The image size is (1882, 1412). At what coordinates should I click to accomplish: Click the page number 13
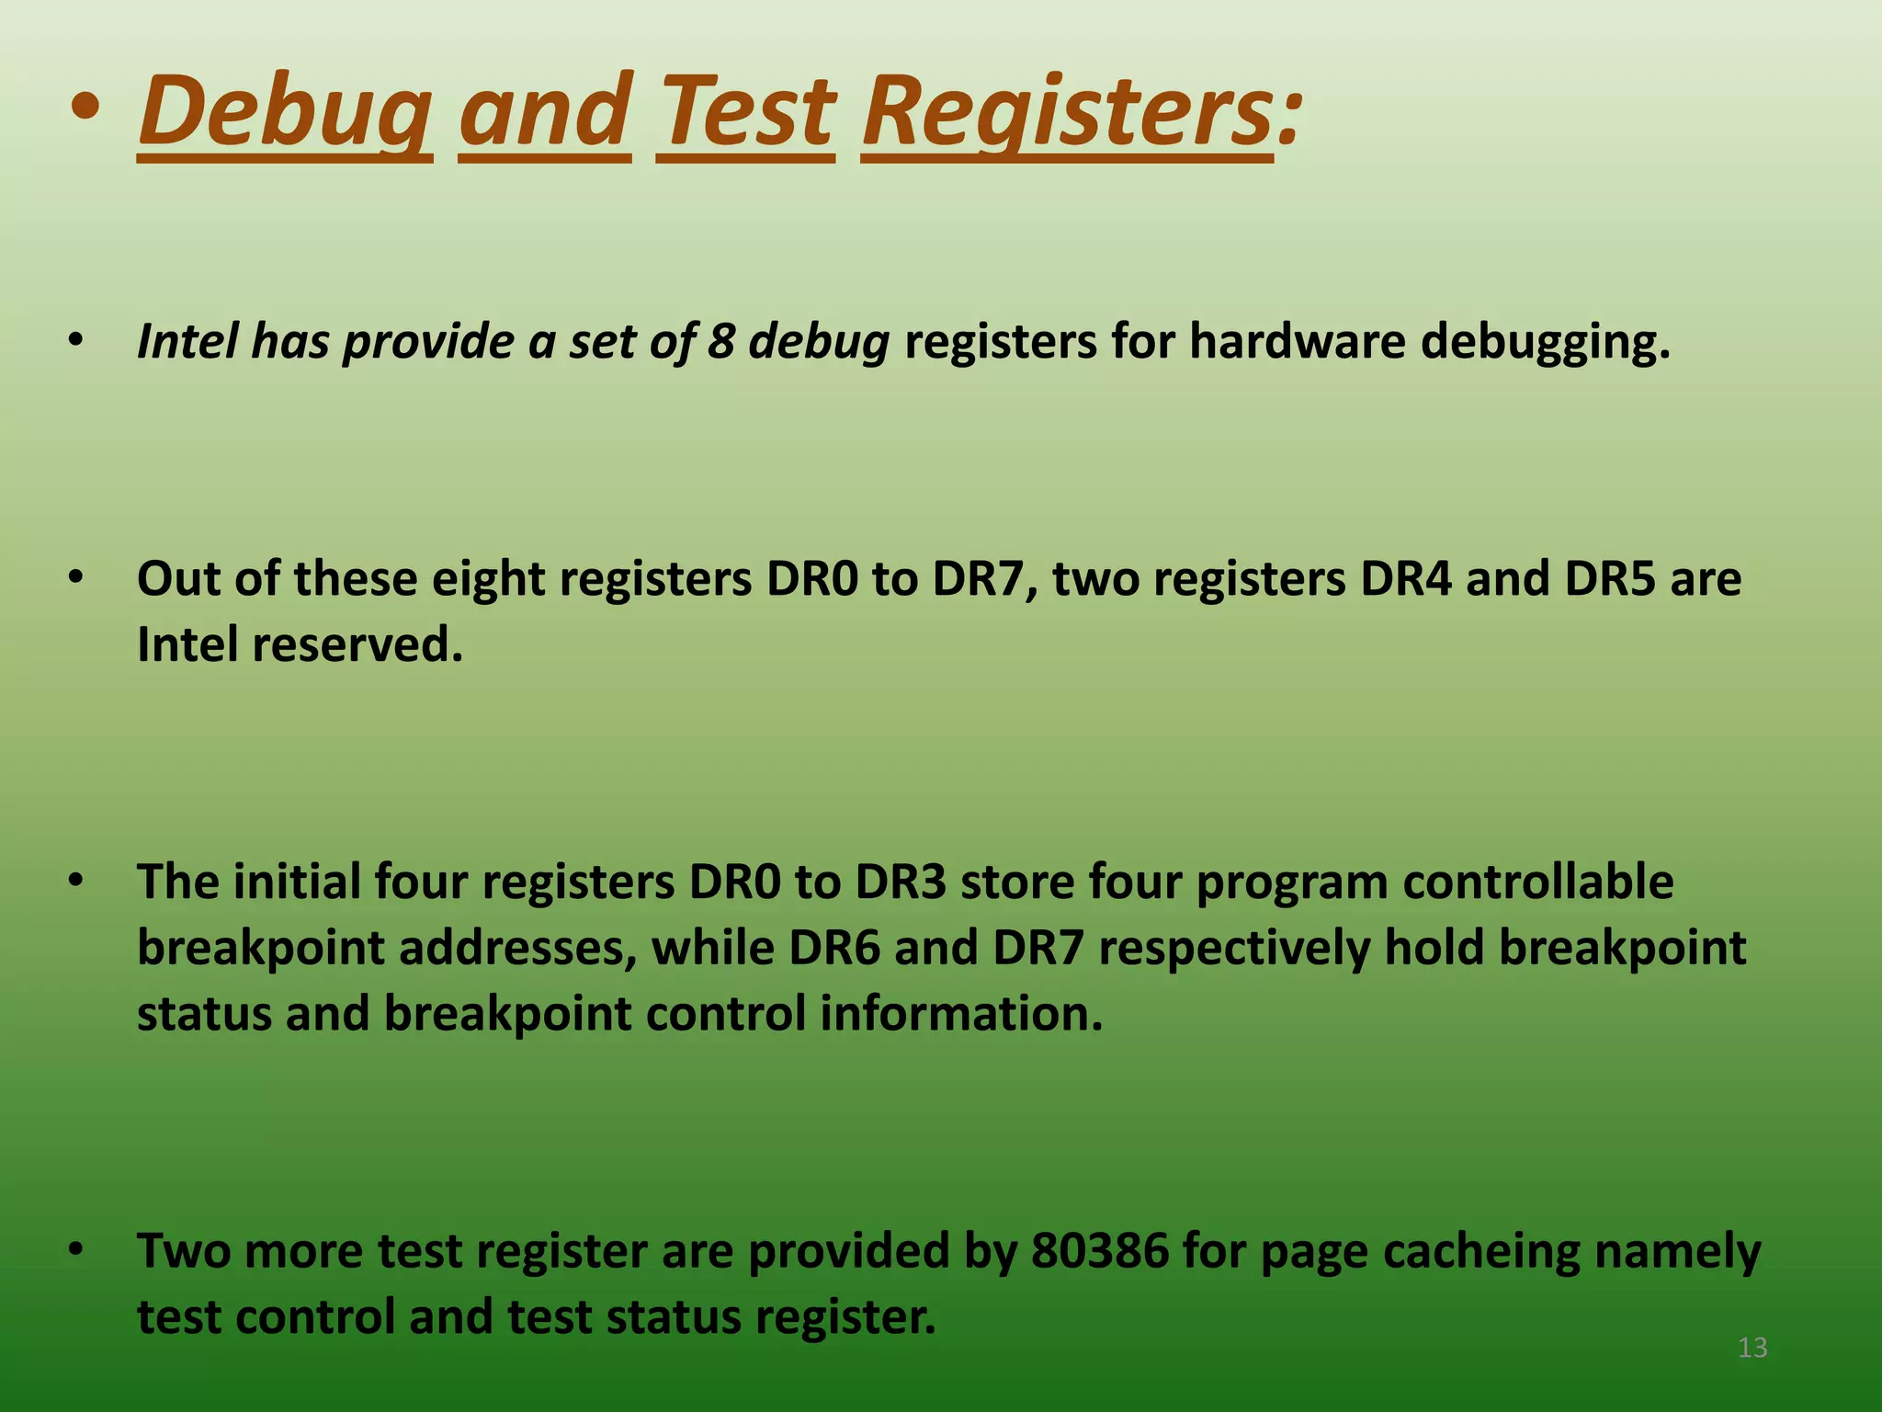1752,1348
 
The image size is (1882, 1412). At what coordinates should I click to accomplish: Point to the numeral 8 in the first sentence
720,341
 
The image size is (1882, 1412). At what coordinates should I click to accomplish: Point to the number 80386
1099,1251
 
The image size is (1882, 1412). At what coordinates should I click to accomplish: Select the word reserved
357,644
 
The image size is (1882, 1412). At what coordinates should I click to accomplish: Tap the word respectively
1233,948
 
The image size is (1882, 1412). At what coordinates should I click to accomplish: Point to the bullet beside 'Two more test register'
76,1250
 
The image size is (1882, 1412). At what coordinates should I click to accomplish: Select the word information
960,1014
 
